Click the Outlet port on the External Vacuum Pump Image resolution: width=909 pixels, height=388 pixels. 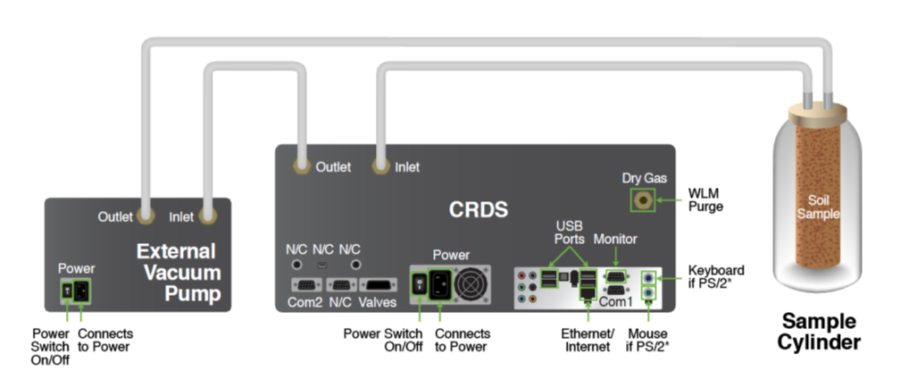pyautogui.click(x=146, y=215)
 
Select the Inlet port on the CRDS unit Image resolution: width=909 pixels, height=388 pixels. pyautogui.click(x=381, y=166)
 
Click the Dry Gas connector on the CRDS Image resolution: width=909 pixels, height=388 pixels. pyautogui.click(x=641, y=200)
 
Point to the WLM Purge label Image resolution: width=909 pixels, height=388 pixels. pyautogui.click(x=705, y=199)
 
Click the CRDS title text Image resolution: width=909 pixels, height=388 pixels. pyautogui.click(x=478, y=210)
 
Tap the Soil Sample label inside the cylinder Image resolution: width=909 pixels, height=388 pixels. pyautogui.click(x=818, y=208)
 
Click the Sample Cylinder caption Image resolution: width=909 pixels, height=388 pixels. pyautogui.click(x=818, y=332)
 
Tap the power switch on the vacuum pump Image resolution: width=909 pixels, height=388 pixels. pyautogui.click(x=65, y=291)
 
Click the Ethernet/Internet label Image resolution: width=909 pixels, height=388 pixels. pyautogui.click(x=588, y=340)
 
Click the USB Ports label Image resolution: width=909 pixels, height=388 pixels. pyautogui.click(x=568, y=232)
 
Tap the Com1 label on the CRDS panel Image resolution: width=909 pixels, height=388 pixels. pyautogui.click(x=615, y=303)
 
